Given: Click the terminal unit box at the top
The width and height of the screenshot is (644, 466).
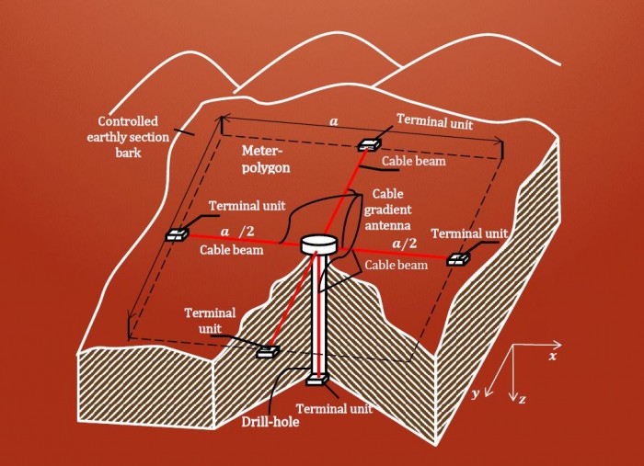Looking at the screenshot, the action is click(369, 144).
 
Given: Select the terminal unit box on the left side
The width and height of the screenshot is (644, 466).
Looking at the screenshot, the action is click(177, 235).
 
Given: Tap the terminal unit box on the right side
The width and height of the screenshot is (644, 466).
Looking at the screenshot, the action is click(458, 259).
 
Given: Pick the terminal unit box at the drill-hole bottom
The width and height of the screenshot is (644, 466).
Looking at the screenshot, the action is click(317, 380).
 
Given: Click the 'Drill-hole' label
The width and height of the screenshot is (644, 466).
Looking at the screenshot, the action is click(270, 421).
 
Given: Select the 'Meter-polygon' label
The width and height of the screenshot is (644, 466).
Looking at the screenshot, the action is click(266, 159).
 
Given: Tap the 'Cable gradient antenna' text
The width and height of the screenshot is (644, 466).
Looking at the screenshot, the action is click(387, 210).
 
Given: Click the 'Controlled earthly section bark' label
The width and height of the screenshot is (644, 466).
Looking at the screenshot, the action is click(128, 137).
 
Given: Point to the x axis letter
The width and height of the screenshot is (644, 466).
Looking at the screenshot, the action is click(553, 356).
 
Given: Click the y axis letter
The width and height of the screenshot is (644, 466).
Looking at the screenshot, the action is click(476, 393).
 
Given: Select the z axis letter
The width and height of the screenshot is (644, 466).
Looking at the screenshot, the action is click(522, 399).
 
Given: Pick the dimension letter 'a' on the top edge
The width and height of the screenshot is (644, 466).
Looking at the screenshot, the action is click(334, 122).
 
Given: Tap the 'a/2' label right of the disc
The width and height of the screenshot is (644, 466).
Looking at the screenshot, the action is click(404, 244).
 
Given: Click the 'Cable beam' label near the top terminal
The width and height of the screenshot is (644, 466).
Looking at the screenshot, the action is click(414, 161).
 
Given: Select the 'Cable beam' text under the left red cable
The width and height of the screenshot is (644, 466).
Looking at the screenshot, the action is click(231, 250).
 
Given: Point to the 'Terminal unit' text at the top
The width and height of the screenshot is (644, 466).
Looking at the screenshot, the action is click(434, 121).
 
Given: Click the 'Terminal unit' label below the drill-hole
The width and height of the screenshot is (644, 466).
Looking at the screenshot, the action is click(334, 409).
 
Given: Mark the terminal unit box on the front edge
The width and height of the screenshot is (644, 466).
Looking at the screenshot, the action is click(268, 352).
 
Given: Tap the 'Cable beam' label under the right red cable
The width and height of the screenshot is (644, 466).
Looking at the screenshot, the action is click(396, 265).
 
